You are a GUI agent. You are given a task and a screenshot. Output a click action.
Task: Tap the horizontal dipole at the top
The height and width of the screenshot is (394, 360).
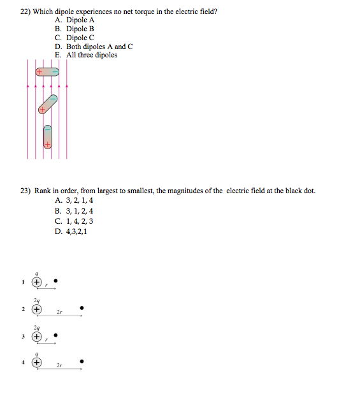[47, 71]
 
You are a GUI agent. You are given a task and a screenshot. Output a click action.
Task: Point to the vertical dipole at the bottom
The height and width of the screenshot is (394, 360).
[47, 136]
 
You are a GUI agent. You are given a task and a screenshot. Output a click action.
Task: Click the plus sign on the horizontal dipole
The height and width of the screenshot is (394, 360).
[39, 71]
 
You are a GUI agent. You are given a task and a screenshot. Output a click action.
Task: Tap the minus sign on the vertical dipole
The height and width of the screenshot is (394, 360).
[47, 128]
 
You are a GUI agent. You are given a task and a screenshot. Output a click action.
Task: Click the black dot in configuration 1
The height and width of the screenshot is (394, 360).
[56, 280]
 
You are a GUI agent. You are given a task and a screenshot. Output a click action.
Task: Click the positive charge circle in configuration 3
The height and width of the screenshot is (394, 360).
[38, 336]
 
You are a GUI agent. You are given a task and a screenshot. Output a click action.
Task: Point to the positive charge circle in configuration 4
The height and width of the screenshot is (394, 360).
[38, 362]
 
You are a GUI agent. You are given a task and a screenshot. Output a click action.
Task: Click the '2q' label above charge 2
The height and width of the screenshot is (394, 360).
[37, 300]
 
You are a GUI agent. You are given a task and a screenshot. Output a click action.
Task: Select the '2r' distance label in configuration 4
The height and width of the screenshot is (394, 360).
[59, 367]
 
